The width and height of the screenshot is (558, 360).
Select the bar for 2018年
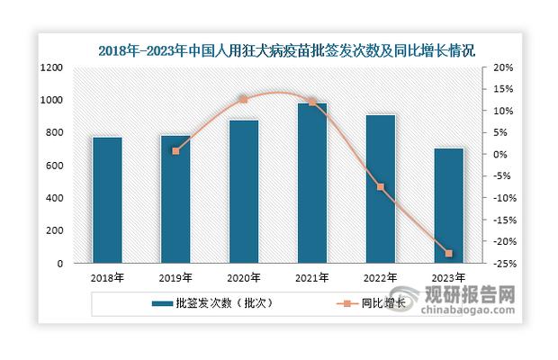(x=107, y=200)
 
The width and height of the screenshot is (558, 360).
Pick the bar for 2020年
(x=244, y=191)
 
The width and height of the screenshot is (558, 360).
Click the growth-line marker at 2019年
(x=175, y=151)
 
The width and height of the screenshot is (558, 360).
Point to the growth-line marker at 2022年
(x=381, y=187)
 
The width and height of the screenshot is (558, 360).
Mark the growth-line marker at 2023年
(x=449, y=254)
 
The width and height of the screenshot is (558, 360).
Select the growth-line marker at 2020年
(x=244, y=100)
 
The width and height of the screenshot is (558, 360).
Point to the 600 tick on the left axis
(x=54, y=166)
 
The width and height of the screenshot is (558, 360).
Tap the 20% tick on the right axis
(x=502, y=67)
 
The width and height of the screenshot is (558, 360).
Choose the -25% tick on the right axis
(x=503, y=264)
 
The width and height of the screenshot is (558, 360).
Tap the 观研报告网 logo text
(x=482, y=294)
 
